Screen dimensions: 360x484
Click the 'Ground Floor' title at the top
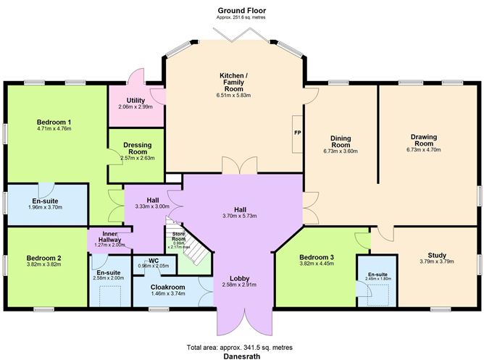pyautogui.click(x=241, y=10)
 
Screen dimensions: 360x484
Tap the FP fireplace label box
pyautogui.click(x=297, y=134)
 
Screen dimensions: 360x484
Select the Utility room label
pyautogui.click(x=135, y=101)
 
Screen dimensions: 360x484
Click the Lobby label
pyautogui.click(x=240, y=278)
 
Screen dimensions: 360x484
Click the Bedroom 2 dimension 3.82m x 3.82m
pyautogui.click(x=43, y=265)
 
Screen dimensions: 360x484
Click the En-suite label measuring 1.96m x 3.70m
pyautogui.click(x=45, y=201)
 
